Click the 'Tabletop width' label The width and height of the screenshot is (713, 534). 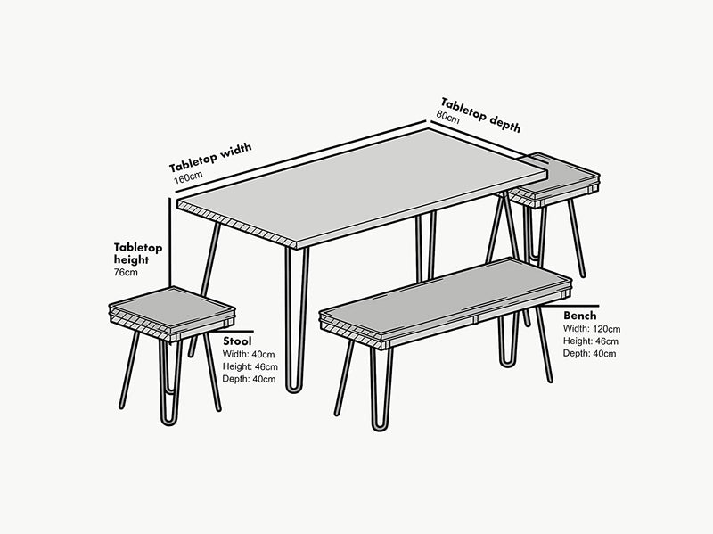(210, 157)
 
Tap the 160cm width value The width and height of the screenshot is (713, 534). (187, 179)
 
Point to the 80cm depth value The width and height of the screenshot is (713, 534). (447, 117)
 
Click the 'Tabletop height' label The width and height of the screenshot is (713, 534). (137, 252)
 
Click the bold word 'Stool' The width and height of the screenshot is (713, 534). (238, 341)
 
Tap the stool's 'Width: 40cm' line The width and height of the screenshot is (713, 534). (250, 355)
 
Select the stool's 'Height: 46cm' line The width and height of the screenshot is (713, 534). (250, 367)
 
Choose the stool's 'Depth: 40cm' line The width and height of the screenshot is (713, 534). (250, 379)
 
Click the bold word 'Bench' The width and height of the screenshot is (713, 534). (579, 316)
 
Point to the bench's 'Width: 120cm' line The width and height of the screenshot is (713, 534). (591, 329)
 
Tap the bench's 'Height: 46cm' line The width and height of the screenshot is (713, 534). (590, 341)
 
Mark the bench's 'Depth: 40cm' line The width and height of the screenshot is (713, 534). (589, 354)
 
